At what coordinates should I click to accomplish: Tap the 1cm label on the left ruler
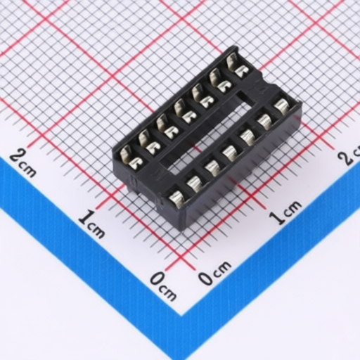(92, 225)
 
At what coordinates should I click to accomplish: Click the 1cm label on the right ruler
(287, 213)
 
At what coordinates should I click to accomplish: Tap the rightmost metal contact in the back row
(239, 66)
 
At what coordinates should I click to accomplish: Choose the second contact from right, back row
(222, 80)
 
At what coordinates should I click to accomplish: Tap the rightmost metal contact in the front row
(283, 107)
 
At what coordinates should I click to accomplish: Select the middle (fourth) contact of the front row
(231, 150)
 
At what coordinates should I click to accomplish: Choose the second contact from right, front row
(266, 121)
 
